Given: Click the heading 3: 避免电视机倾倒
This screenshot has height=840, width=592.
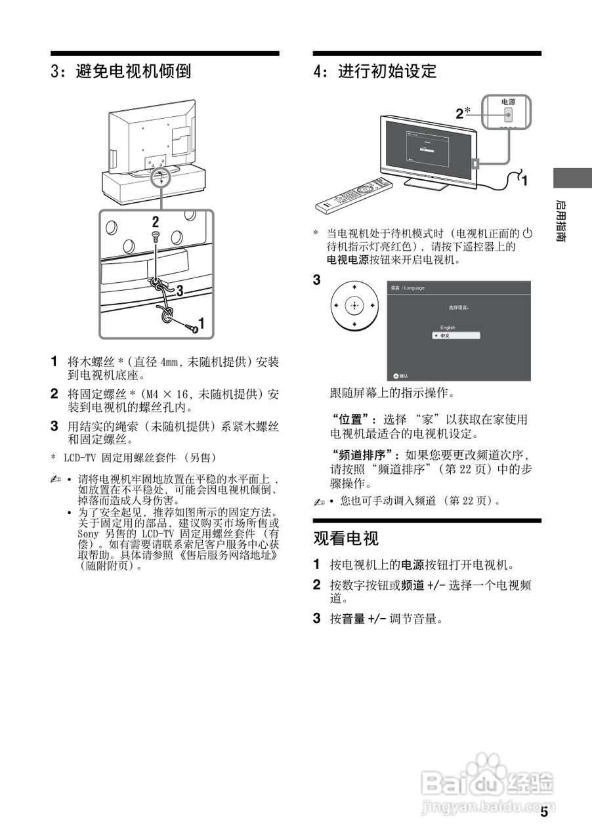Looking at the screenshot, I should pyautogui.click(x=121, y=71).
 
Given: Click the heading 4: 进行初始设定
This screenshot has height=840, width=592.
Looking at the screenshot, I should pyautogui.click(x=375, y=71).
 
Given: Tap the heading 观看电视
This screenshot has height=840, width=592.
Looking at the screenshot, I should pyautogui.click(x=346, y=539).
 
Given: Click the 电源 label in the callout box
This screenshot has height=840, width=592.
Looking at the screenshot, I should pyautogui.click(x=508, y=102).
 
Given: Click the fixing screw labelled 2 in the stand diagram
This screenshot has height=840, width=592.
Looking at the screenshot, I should pyautogui.click(x=155, y=234).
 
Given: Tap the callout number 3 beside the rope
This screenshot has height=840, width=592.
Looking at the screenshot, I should pyautogui.click(x=178, y=289).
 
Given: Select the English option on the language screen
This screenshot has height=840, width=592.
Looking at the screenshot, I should pyautogui.click(x=448, y=327).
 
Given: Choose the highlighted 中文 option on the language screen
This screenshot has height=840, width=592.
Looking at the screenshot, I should pyautogui.click(x=456, y=335).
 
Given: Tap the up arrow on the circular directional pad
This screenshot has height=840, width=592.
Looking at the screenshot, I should pyautogui.click(x=354, y=287).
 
